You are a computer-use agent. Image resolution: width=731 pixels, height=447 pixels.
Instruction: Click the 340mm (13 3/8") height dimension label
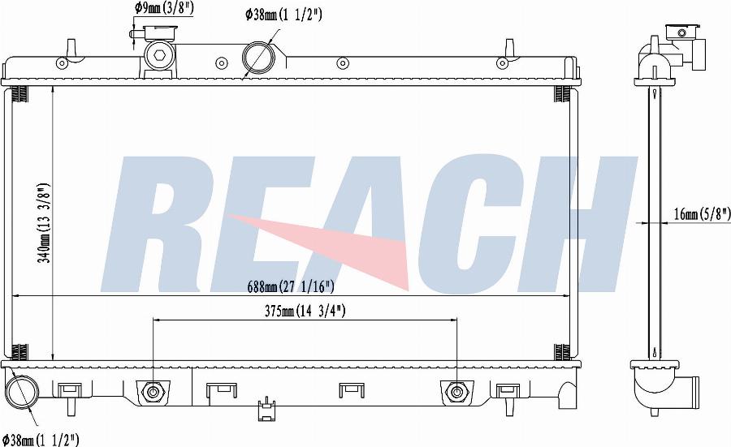(44, 222)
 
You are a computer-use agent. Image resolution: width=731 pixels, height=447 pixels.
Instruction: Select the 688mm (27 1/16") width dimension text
(291, 286)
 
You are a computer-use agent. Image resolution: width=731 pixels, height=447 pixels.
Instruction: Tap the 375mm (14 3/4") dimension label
(305, 311)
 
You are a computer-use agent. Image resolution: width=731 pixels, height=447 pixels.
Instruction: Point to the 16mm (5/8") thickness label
(702, 213)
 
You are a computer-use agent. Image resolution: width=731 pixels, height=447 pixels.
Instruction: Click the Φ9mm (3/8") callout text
(165, 7)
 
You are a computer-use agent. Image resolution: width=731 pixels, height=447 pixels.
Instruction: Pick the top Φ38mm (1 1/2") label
(283, 15)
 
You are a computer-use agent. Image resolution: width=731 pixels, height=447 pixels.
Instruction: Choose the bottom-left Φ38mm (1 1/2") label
(41, 439)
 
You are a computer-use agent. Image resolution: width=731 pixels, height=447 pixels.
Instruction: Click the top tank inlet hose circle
(258, 57)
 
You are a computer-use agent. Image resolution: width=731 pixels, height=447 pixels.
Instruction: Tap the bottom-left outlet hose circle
(21, 392)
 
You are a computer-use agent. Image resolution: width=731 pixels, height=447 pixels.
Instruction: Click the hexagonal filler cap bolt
(159, 55)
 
